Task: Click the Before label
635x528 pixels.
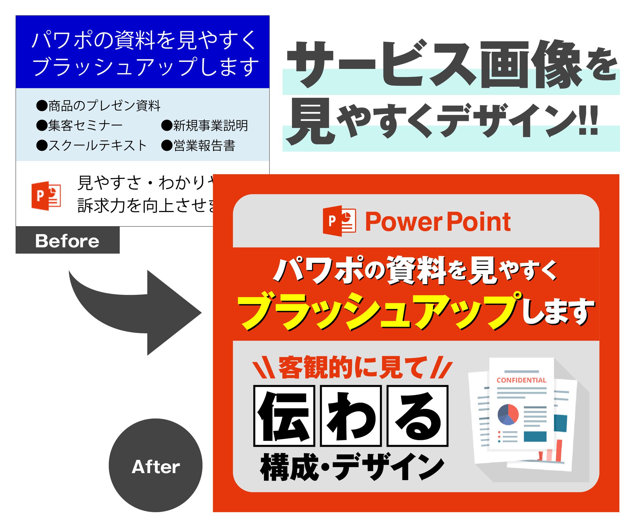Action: click(x=67, y=241)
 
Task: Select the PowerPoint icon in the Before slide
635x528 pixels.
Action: click(x=46, y=196)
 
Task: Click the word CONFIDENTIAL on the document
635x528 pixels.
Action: click(x=521, y=380)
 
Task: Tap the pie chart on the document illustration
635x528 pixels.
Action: click(x=508, y=414)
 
